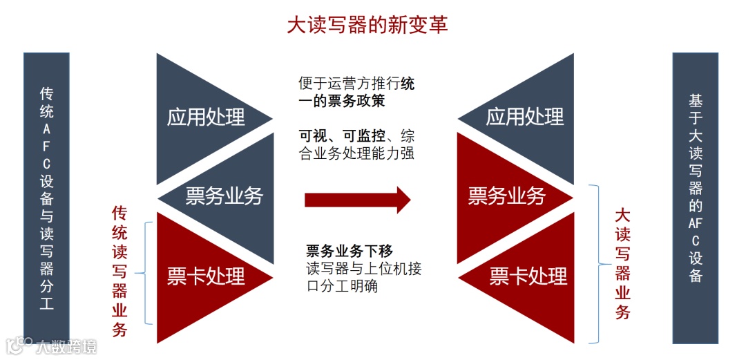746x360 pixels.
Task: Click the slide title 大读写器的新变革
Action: (x=367, y=25)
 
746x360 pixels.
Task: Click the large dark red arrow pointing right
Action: (x=357, y=200)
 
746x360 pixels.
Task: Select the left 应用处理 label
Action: (x=206, y=117)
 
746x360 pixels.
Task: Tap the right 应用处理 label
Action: (x=524, y=117)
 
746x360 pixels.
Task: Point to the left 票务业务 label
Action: (x=224, y=196)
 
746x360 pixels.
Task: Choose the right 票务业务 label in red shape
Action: (x=507, y=196)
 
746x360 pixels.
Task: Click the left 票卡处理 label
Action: (x=206, y=276)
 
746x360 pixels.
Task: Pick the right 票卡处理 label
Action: (x=528, y=276)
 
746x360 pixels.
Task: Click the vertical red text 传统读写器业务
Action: (x=120, y=271)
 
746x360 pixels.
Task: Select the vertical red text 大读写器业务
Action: (x=622, y=264)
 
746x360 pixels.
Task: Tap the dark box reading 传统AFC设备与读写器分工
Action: (x=46, y=198)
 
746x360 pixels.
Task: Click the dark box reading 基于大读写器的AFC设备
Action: (x=695, y=198)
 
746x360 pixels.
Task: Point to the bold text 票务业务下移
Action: (x=350, y=250)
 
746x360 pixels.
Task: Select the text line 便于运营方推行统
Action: (x=356, y=84)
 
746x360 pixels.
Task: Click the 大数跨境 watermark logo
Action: (x=52, y=345)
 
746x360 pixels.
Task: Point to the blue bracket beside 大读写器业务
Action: (x=595, y=263)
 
